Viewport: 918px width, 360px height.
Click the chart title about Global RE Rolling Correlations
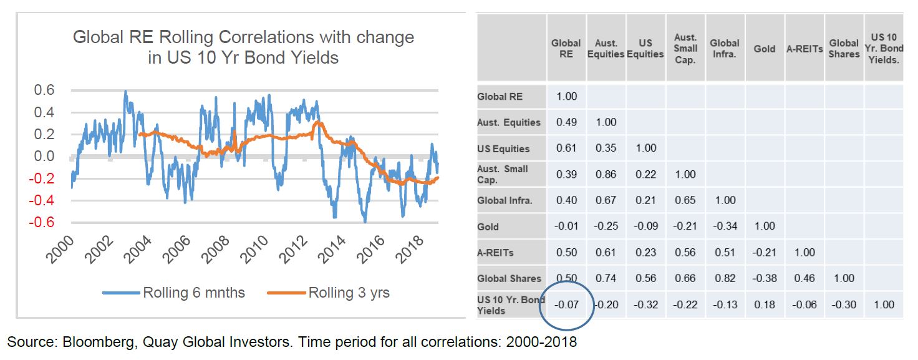click(243, 47)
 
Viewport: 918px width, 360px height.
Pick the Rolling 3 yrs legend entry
click(349, 293)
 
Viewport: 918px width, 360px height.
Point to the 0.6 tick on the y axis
click(43, 90)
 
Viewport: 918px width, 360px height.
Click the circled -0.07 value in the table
click(566, 304)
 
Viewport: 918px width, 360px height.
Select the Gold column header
click(764, 49)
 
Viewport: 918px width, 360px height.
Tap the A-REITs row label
click(495, 253)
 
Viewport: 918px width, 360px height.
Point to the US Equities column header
click(645, 49)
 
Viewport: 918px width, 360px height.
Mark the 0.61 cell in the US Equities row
click(566, 148)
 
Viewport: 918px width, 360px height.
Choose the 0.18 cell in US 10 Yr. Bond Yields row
click(764, 304)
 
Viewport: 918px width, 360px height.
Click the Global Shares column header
click(844, 49)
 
